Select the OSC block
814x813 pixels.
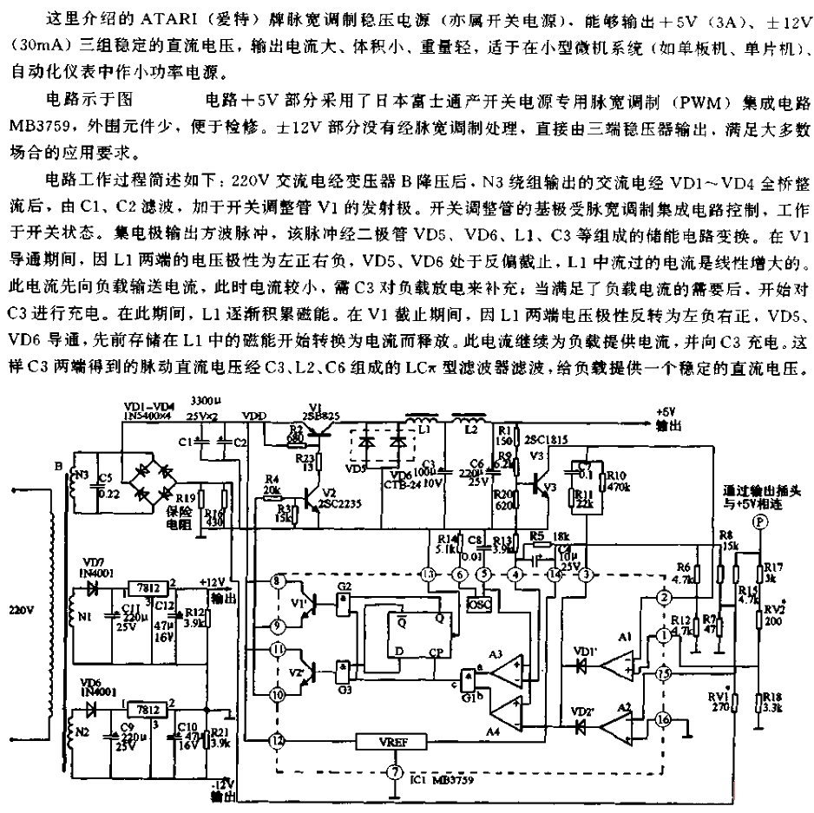click(477, 602)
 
